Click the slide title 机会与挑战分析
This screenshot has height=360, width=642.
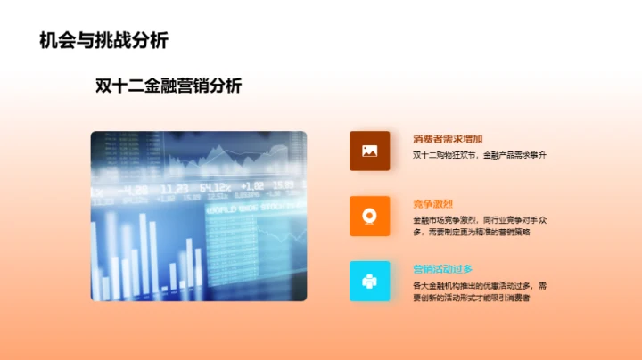coord(103,40)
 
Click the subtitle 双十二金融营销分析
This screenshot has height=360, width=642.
coord(168,86)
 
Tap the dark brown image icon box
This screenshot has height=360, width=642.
coord(369,151)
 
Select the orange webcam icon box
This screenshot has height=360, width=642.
coord(369,216)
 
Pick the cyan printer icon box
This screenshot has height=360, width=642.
coord(369,281)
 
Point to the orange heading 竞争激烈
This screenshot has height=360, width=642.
coord(432,204)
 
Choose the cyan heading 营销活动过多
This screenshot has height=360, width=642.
coord(442,269)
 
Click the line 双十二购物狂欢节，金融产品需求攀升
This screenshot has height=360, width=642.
coord(479,156)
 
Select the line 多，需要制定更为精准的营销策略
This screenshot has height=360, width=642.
coord(471,232)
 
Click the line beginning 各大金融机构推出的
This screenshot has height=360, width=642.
coord(486,285)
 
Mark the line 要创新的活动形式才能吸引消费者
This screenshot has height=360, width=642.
coord(471,298)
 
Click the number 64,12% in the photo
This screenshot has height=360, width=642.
coord(216,188)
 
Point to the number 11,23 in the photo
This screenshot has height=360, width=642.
coord(175,189)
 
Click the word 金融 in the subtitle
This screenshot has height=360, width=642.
coord(155,86)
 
